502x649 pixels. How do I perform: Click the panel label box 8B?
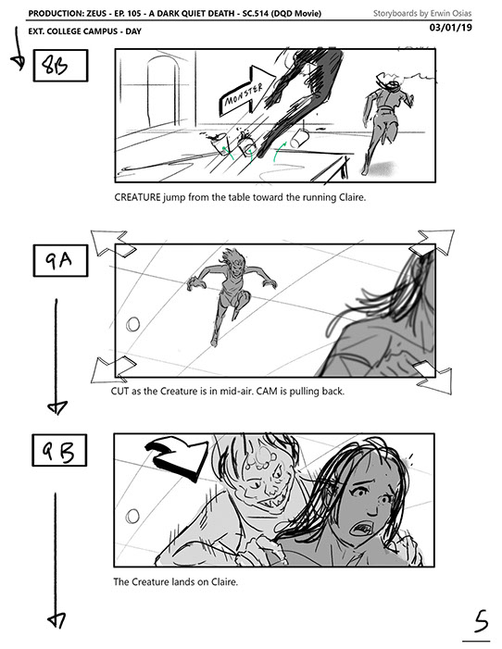(x=60, y=66)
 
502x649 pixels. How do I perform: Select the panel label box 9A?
(x=60, y=260)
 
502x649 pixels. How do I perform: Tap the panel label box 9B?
(x=59, y=450)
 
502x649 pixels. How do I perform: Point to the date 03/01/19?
(x=451, y=28)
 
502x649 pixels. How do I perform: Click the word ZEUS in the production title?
(x=97, y=13)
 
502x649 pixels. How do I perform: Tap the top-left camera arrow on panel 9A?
(x=112, y=243)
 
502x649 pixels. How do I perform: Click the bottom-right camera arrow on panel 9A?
(x=433, y=378)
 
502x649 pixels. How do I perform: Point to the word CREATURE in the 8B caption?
(x=137, y=197)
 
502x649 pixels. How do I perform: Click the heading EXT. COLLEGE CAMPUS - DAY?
(x=85, y=31)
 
